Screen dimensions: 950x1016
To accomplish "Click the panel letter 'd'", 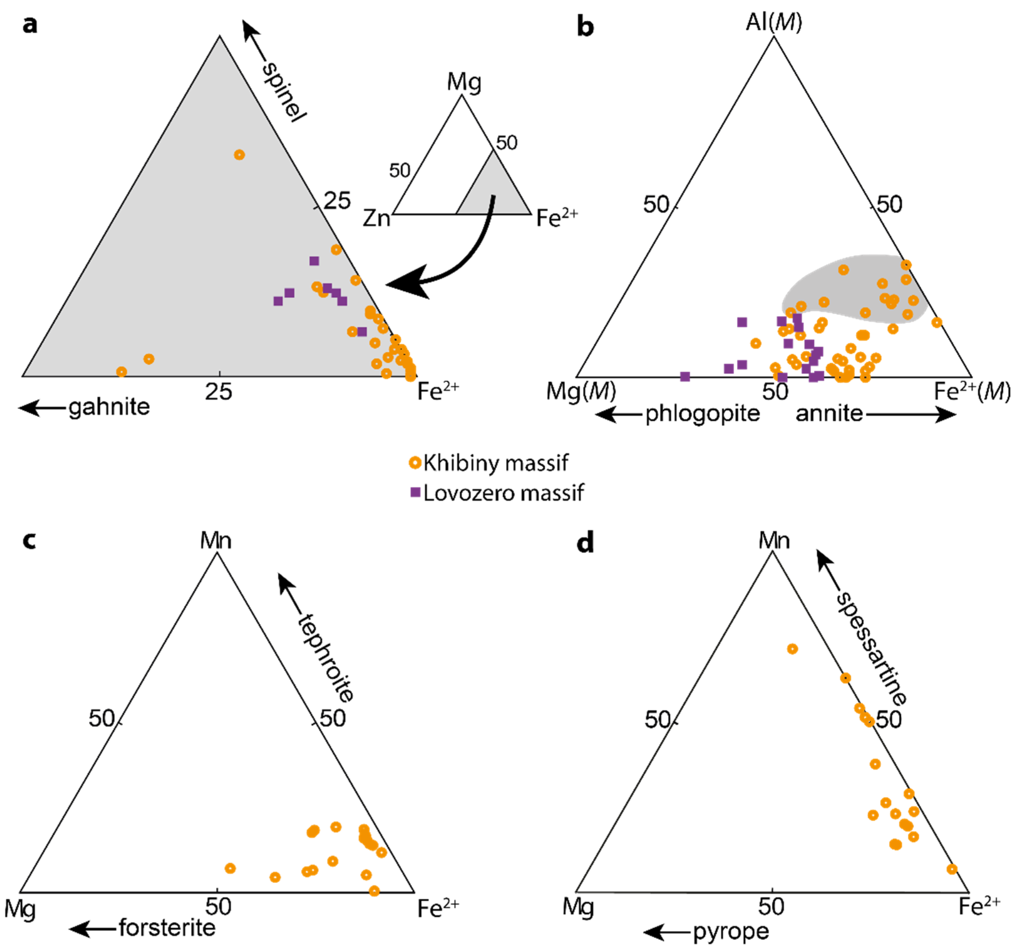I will pyautogui.click(x=585, y=542).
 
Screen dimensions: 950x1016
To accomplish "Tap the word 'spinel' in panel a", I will pyautogui.click(x=283, y=92).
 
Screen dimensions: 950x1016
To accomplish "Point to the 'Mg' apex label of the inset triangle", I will pyautogui.click(x=464, y=82).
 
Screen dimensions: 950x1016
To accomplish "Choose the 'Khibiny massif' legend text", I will pyautogui.click(x=495, y=463).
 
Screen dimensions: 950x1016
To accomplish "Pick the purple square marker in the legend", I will pyautogui.click(x=416, y=492).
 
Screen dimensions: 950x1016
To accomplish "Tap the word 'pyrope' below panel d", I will pyautogui.click(x=731, y=932).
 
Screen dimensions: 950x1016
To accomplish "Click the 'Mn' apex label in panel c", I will pyautogui.click(x=216, y=540).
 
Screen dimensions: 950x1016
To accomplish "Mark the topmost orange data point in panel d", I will pyautogui.click(x=792, y=649).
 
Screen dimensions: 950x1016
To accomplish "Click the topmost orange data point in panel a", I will pyautogui.click(x=239, y=154).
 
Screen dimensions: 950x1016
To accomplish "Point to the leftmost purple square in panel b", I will pyautogui.click(x=685, y=376).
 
